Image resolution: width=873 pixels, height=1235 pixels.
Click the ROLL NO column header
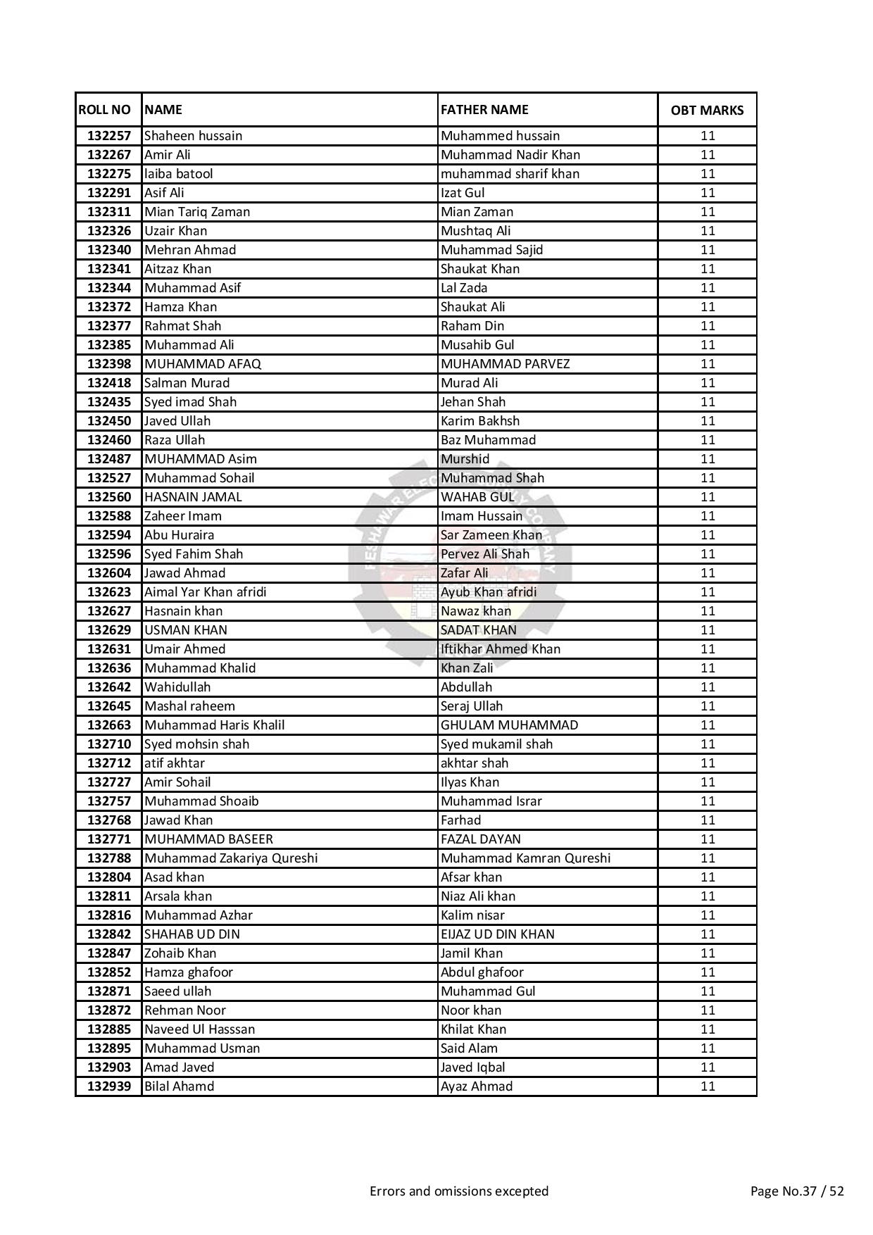coord(105,110)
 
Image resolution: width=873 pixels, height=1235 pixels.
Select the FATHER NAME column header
coord(484,110)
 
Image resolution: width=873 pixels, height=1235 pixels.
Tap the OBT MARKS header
coord(707,111)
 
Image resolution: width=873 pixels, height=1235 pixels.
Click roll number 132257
coord(109,136)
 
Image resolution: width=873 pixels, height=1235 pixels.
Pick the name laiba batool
coord(178,174)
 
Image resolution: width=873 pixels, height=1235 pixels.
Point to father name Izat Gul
coord(463,193)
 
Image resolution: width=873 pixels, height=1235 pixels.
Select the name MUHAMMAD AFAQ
coord(203,364)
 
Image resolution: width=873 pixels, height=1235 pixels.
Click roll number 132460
coord(109,440)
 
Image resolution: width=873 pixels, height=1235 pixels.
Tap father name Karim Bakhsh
coord(480,421)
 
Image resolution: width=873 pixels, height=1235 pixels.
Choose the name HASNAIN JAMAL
coord(193,497)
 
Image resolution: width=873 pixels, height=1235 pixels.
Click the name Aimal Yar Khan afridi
coord(206,592)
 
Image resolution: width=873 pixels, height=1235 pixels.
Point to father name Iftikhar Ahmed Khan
coord(501,649)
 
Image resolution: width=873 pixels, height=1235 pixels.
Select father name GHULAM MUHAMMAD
coord(510,725)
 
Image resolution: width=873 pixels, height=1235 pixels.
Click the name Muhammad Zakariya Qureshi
coord(231,858)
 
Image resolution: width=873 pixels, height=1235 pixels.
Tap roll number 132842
coord(109,934)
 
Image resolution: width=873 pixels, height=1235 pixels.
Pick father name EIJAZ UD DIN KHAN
coord(498,934)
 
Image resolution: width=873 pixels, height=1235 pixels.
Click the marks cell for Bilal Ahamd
coord(708,1086)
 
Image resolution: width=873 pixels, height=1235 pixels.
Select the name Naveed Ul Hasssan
coord(200,1029)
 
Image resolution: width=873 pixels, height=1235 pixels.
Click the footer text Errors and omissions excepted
coord(459,1191)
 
